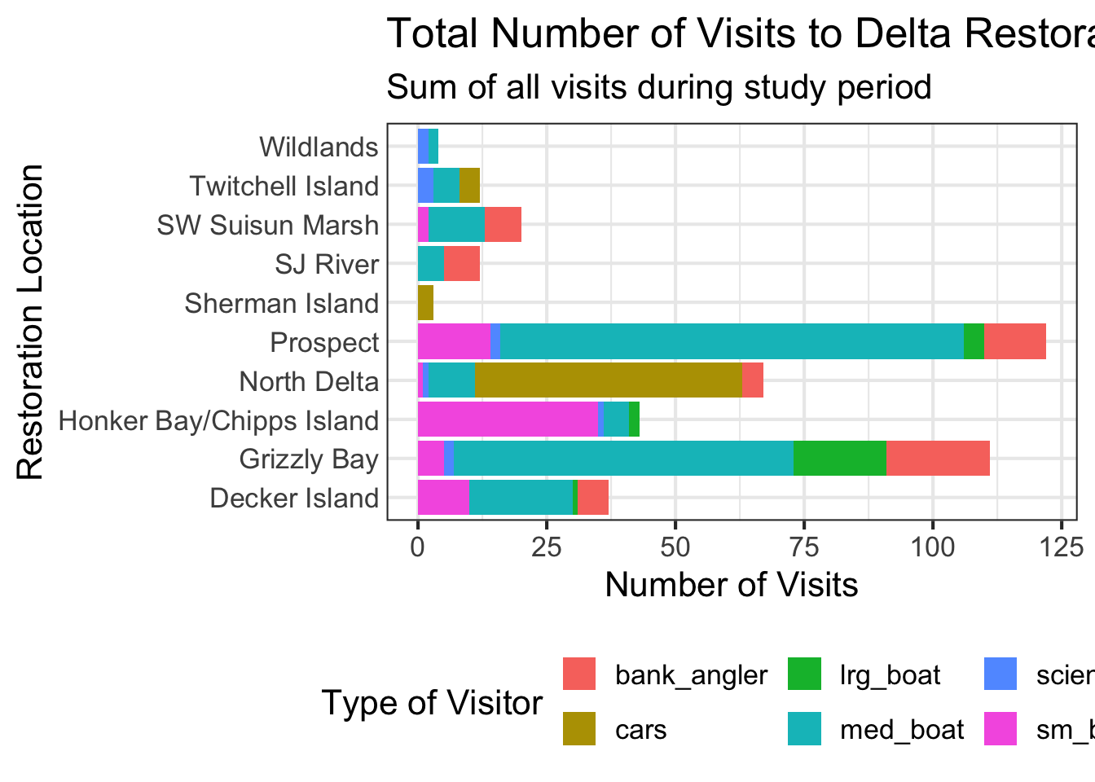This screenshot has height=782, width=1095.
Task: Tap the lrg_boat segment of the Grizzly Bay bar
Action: click(839, 459)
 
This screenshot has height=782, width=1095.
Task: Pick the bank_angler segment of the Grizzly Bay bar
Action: click(938, 459)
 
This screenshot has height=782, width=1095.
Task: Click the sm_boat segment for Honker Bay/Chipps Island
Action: click(508, 420)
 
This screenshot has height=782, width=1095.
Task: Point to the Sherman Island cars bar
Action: click(425, 303)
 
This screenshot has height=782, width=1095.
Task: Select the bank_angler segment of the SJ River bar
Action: click(462, 264)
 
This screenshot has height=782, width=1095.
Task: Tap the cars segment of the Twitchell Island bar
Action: click(469, 186)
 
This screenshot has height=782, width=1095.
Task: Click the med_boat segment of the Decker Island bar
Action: click(521, 498)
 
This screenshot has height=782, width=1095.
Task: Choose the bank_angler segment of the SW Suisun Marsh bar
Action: click(503, 225)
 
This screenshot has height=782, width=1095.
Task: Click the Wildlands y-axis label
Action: click(319, 147)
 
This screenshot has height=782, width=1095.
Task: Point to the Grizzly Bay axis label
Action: click(309, 459)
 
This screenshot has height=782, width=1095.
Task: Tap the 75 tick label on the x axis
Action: click(804, 547)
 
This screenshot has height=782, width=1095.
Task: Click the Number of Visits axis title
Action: click(731, 585)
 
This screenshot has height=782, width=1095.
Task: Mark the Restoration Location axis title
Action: click(30, 322)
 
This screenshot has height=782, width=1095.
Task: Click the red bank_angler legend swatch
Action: click(579, 674)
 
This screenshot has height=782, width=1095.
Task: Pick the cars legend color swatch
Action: click(579, 729)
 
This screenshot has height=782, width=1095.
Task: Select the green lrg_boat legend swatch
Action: click(804, 674)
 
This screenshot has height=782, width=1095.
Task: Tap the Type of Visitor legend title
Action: click(432, 702)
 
